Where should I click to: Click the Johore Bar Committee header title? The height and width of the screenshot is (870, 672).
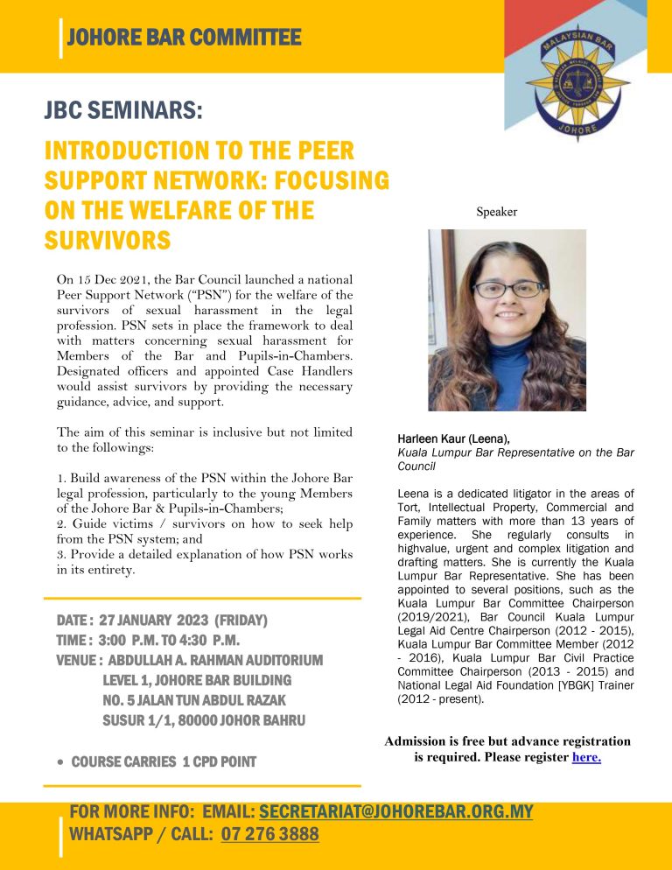184,38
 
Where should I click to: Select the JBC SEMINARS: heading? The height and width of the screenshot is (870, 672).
122,113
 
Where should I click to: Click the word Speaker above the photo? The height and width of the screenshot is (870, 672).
496,211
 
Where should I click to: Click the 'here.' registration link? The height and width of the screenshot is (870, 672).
586,757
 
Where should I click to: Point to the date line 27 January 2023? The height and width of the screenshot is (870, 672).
162,621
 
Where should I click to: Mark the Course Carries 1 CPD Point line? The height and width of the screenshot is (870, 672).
164,761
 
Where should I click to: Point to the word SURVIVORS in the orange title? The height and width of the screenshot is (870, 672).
107,239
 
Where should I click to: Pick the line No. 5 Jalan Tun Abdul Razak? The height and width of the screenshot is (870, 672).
193,699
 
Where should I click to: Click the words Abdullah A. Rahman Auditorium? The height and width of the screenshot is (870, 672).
215,660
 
